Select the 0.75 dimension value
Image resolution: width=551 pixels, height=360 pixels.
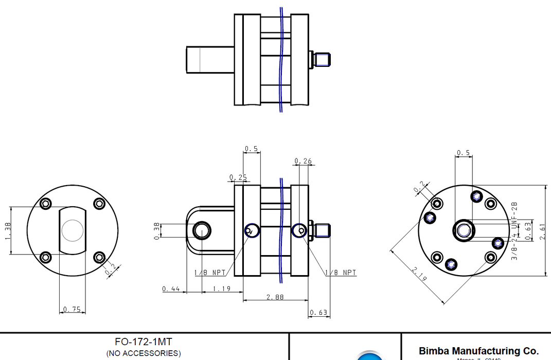pos(72,309)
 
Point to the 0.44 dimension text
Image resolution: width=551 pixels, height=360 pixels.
pos(171,289)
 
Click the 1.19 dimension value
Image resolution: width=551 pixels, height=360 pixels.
pos(222,289)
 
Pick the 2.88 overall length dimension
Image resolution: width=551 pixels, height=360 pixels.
pos(275,297)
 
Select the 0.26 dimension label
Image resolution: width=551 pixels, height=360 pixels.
pos(303,161)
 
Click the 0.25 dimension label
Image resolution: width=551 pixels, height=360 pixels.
pos(238,177)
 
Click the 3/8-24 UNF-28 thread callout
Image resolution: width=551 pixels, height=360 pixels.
pos(514,230)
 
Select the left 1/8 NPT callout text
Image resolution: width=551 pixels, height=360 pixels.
pos(210,273)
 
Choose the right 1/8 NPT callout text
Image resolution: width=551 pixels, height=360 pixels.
pos(340,273)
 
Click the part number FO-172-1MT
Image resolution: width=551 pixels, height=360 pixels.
pos(144,342)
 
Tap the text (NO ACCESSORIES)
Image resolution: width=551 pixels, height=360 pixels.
pos(144,353)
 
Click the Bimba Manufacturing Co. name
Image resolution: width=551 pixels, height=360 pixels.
pos(478,351)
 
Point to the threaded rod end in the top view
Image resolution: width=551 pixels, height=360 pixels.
pos(323,59)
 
